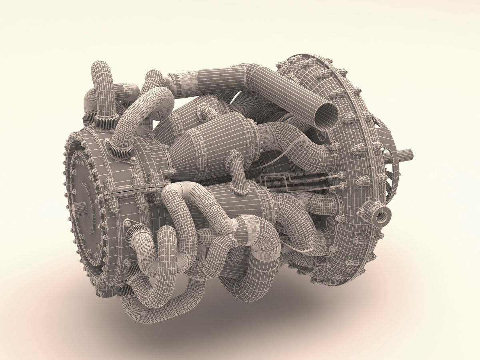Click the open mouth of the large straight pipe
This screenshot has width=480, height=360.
tap(327, 114)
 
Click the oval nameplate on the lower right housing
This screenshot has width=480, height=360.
tap(330, 223)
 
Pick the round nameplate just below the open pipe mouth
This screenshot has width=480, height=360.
tap(321, 135)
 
